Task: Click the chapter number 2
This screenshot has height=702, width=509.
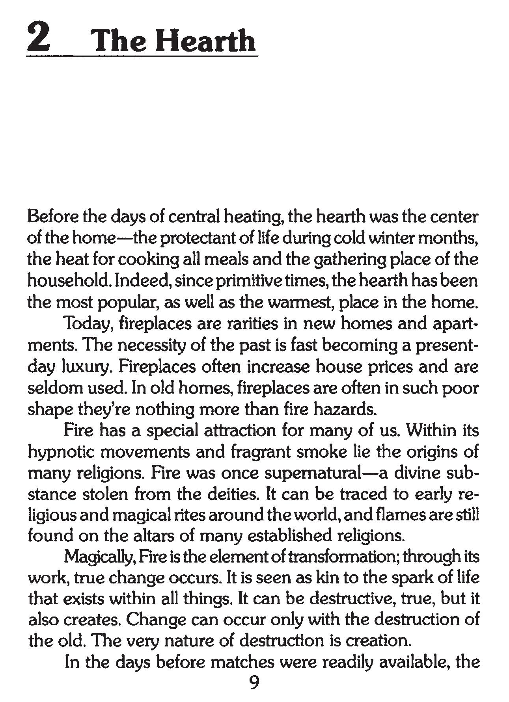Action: click(x=39, y=39)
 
